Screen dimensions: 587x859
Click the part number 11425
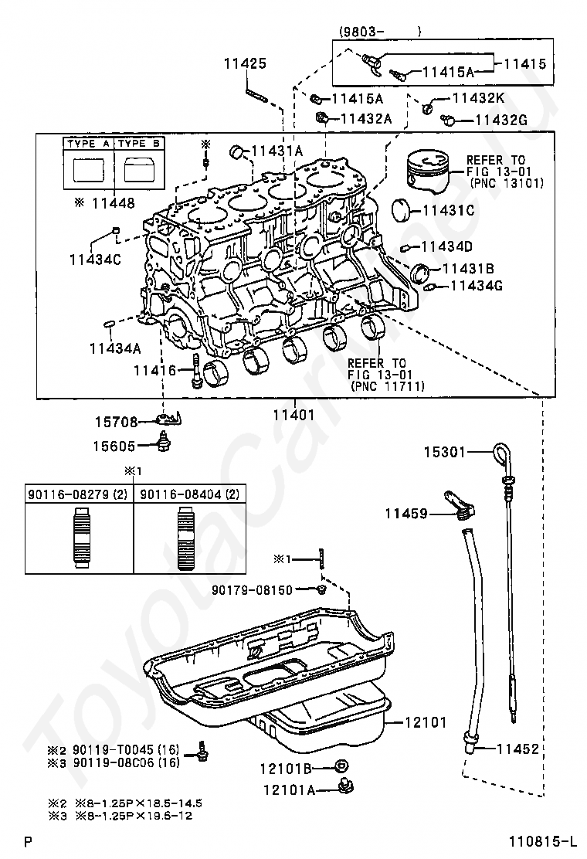tap(245, 63)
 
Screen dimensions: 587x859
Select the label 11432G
tap(501, 120)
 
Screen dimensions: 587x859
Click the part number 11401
tap(294, 415)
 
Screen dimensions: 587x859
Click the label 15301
tap(444, 452)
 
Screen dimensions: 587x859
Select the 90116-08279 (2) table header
tap(78, 494)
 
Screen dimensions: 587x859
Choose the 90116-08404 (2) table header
tap(189, 494)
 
